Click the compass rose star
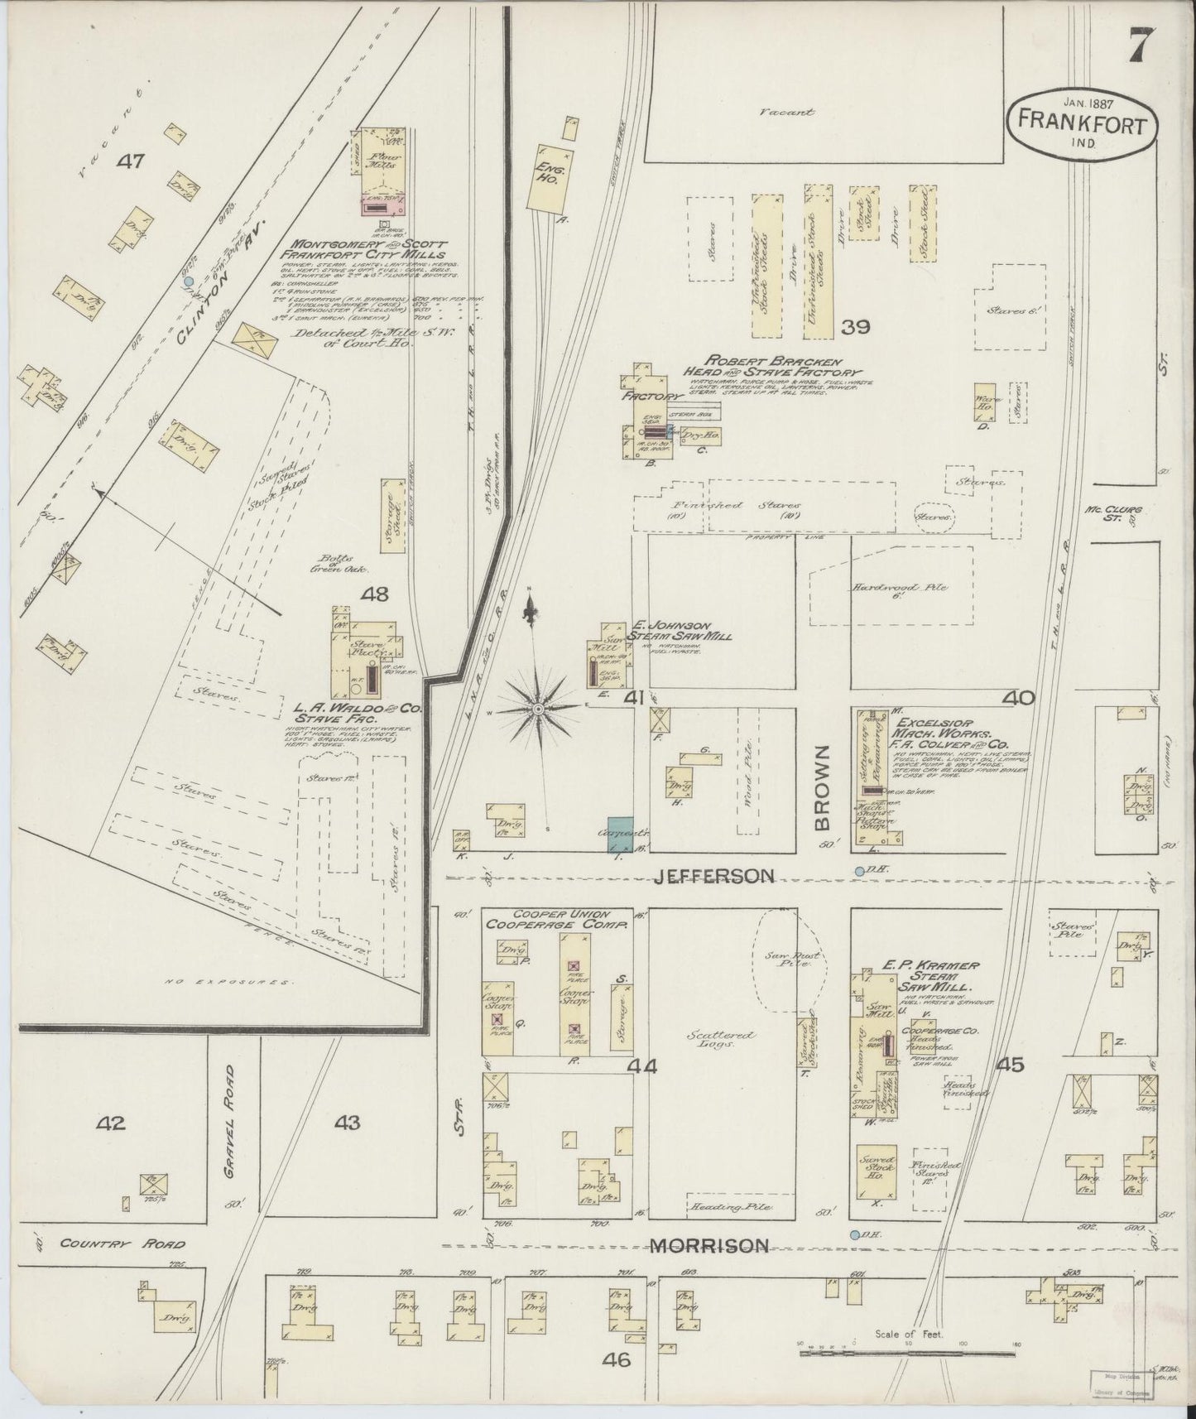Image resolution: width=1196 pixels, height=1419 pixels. click(539, 709)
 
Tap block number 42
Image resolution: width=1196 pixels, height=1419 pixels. click(110, 1123)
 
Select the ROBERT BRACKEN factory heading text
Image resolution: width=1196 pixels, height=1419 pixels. click(771, 367)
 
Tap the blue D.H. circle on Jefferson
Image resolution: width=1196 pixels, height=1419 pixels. click(859, 871)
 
